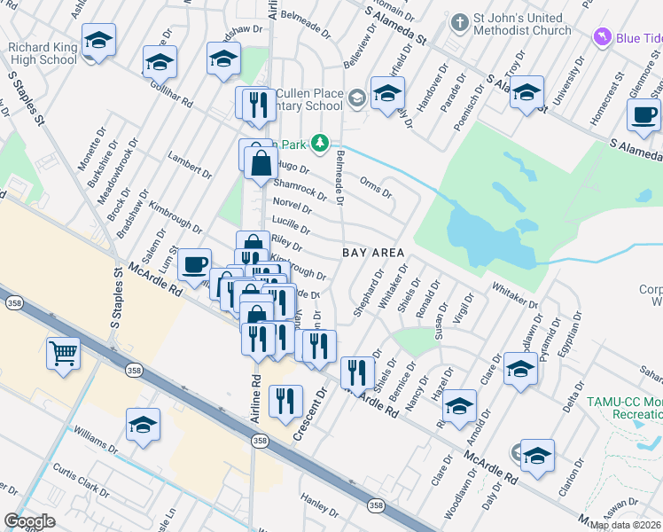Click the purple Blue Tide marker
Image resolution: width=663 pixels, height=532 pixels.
(603, 37)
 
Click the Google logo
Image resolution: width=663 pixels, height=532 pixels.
(29, 521)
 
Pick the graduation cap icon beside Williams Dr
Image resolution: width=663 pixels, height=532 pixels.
(144, 426)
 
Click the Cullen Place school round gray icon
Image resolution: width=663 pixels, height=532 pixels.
(356, 98)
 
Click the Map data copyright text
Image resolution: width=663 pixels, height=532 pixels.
(625, 525)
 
